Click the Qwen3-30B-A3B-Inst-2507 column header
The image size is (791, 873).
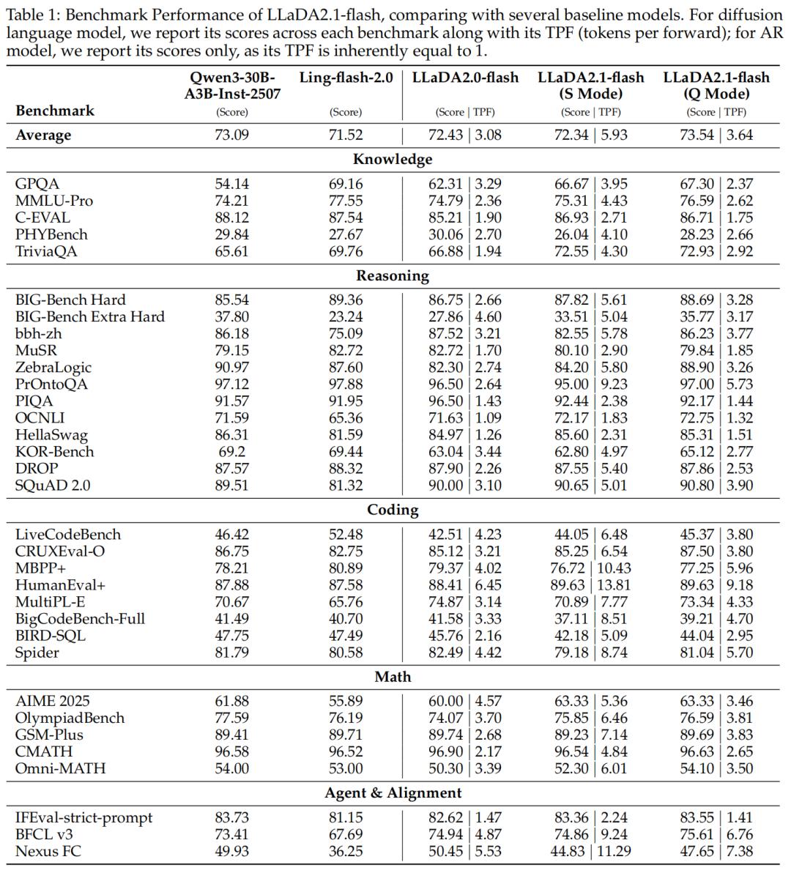(231, 86)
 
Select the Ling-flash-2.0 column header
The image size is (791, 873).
(346, 78)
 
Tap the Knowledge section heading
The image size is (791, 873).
(393, 160)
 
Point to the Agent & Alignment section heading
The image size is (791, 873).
(393, 793)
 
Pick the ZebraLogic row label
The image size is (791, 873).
(53, 368)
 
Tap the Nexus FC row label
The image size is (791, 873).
(48, 852)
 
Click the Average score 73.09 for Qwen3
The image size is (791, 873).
(231, 135)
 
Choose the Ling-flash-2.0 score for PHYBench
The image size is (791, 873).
(346, 235)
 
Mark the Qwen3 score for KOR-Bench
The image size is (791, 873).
(231, 452)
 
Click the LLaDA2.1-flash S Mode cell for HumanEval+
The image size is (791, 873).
(591, 585)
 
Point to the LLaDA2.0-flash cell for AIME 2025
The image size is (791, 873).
(465, 702)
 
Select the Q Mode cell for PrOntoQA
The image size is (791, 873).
(716, 385)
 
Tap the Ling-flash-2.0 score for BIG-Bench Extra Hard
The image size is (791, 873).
(346, 317)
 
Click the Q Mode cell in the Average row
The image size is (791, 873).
(716, 135)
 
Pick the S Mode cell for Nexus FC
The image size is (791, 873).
(591, 852)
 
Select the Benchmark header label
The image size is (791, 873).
(55, 111)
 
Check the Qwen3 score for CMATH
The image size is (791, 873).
(231, 752)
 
